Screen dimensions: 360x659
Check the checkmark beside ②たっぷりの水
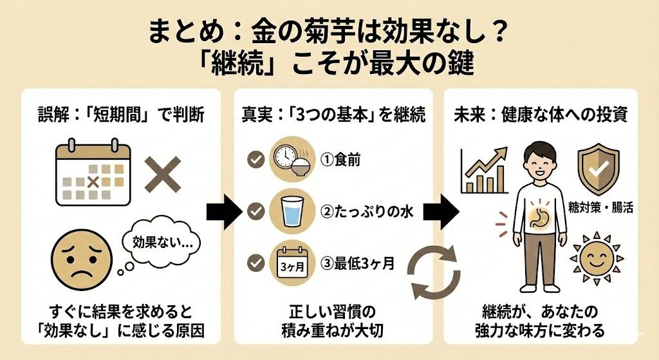(257, 210)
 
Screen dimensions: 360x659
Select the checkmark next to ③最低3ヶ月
(257, 262)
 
